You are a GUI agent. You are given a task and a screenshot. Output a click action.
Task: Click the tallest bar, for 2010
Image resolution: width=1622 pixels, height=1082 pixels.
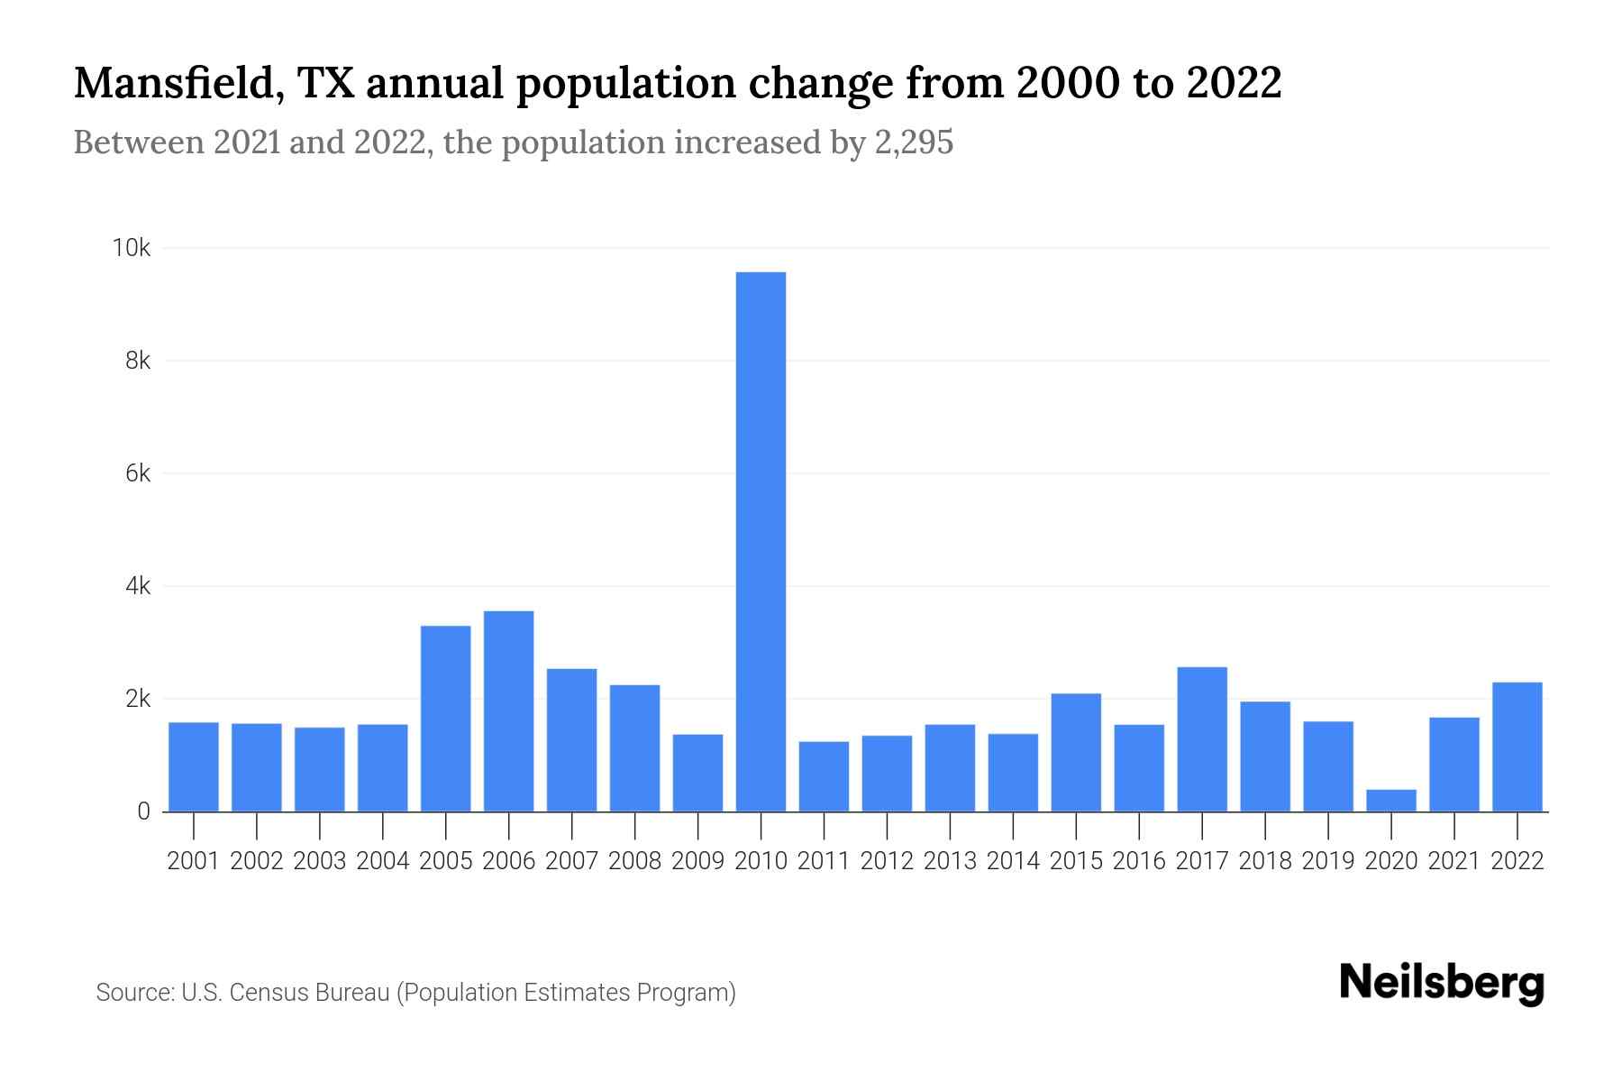761,541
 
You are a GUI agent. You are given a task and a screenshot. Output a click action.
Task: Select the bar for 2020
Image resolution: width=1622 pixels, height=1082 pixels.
1391,801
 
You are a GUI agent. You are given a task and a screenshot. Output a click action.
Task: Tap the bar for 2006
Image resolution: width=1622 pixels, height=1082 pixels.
508,711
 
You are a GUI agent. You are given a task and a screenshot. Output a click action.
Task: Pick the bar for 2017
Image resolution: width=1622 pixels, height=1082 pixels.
1202,739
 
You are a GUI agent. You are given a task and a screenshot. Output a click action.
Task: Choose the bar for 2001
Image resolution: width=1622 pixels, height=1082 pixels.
194,766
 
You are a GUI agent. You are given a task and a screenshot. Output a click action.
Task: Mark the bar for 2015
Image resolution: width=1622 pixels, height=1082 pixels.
1076,752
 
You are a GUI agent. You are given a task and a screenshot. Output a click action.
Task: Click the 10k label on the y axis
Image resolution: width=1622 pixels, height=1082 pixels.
131,248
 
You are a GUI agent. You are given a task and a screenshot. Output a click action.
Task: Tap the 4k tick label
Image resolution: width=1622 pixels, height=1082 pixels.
138,586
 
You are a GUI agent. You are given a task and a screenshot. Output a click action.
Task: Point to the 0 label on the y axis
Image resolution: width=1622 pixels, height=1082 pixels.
143,811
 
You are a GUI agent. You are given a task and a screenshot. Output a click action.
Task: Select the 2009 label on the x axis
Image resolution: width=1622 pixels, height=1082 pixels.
697,861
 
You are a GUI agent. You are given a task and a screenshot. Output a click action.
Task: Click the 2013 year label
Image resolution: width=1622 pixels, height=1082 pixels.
950,861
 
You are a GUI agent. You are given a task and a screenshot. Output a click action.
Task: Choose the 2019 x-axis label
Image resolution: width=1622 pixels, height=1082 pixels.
1328,861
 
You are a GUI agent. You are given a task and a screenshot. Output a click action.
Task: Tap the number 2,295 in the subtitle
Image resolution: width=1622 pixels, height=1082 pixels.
914,142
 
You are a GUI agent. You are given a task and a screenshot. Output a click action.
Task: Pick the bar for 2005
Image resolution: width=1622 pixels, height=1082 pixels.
445,719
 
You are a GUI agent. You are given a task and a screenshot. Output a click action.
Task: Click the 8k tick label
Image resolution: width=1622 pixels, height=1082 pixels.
138,361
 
